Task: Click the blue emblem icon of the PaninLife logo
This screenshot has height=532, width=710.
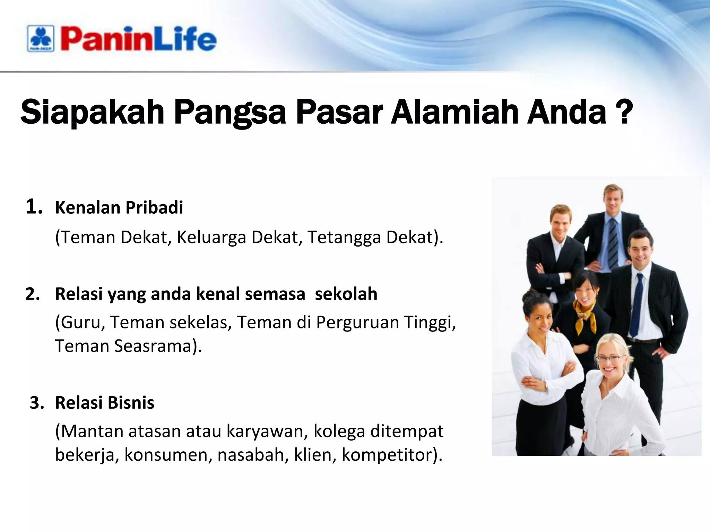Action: coord(41,38)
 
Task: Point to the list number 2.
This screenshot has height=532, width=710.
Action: coord(33,294)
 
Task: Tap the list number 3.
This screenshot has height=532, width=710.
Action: coord(36,403)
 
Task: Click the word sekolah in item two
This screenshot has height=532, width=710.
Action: coord(346,294)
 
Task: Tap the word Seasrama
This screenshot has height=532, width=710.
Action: coord(153,346)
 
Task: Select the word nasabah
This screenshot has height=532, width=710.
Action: coord(253,455)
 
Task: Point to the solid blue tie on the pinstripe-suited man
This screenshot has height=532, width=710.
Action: coord(637,305)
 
